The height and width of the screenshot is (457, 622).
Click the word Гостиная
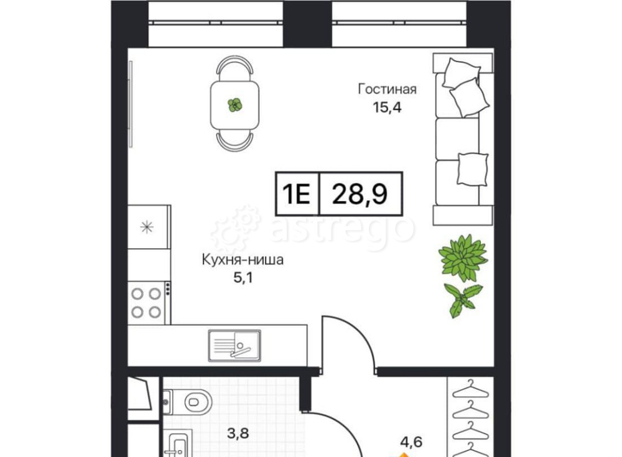(x=387, y=90)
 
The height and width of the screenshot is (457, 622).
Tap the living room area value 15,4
(x=387, y=107)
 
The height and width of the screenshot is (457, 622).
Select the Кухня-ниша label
(x=243, y=261)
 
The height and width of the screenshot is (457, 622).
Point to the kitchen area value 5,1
(x=243, y=278)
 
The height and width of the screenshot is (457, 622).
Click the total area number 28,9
(x=360, y=193)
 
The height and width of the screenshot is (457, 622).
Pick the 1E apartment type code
(x=296, y=194)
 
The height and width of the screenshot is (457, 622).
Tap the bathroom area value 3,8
(x=238, y=433)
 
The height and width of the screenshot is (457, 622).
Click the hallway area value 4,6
(x=411, y=441)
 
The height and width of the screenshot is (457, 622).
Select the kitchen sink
(x=234, y=346)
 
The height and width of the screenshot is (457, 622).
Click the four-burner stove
(x=146, y=303)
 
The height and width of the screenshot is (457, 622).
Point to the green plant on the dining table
(x=235, y=105)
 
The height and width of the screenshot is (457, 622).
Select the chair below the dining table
(x=235, y=141)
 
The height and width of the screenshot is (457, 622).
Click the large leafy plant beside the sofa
(x=463, y=258)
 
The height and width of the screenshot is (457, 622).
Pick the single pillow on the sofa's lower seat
(x=473, y=169)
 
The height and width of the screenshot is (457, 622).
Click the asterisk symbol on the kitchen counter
(x=147, y=228)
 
